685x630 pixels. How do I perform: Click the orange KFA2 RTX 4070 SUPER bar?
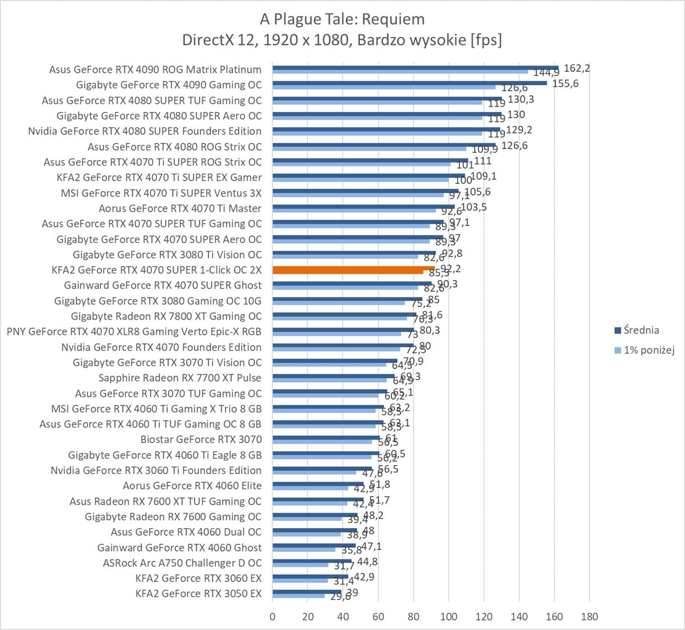click(353, 269)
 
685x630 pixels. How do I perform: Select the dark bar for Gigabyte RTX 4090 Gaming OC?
click(409, 83)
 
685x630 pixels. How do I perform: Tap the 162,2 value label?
click(576, 68)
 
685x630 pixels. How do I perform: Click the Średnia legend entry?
click(641, 330)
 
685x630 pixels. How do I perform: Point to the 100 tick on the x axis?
click(449, 617)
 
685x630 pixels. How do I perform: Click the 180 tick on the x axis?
click(589, 617)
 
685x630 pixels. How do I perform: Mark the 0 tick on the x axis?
click(273, 617)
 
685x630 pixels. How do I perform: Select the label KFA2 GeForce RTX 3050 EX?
click(198, 594)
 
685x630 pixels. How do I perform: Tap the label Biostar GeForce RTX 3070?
click(201, 439)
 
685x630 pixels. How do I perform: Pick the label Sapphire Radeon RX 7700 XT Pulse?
click(180, 377)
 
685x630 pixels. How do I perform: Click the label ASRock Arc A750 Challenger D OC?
click(182, 563)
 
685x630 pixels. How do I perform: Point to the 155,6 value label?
click(565, 83)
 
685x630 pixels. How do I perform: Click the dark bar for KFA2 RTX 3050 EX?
click(307, 591)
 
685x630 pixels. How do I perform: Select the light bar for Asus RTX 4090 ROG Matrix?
click(400, 72)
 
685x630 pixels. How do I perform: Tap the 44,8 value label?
click(367, 562)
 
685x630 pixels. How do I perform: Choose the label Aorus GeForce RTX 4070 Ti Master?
click(180, 208)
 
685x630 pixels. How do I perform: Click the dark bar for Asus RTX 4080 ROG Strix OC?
click(384, 144)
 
